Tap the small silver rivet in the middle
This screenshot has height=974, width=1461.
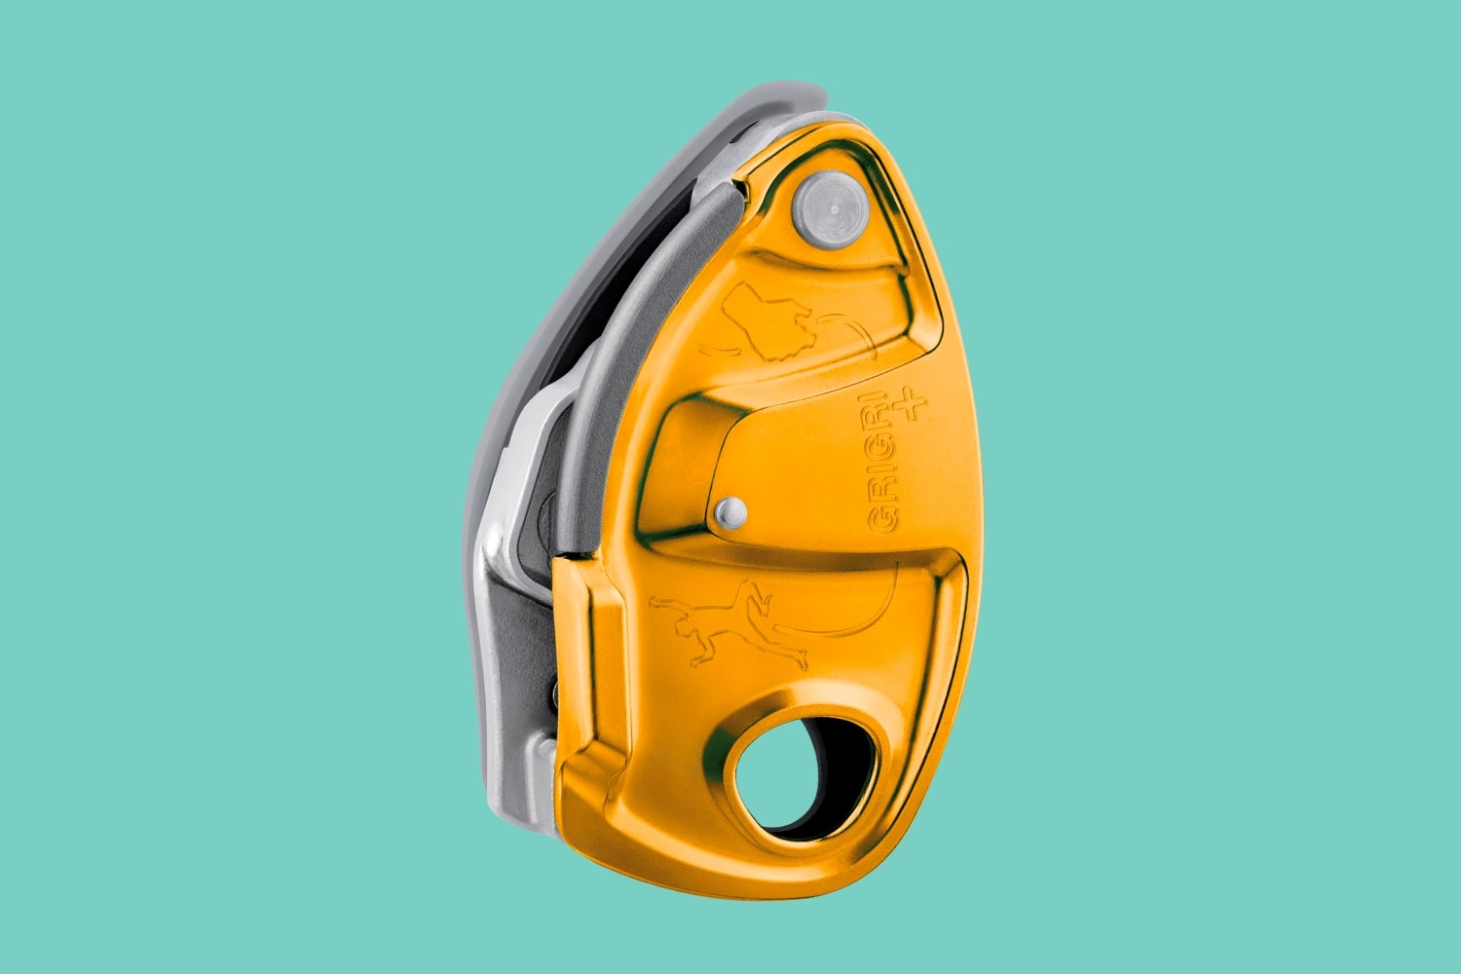[730, 510]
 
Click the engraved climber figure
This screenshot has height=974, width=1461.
[726, 623]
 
